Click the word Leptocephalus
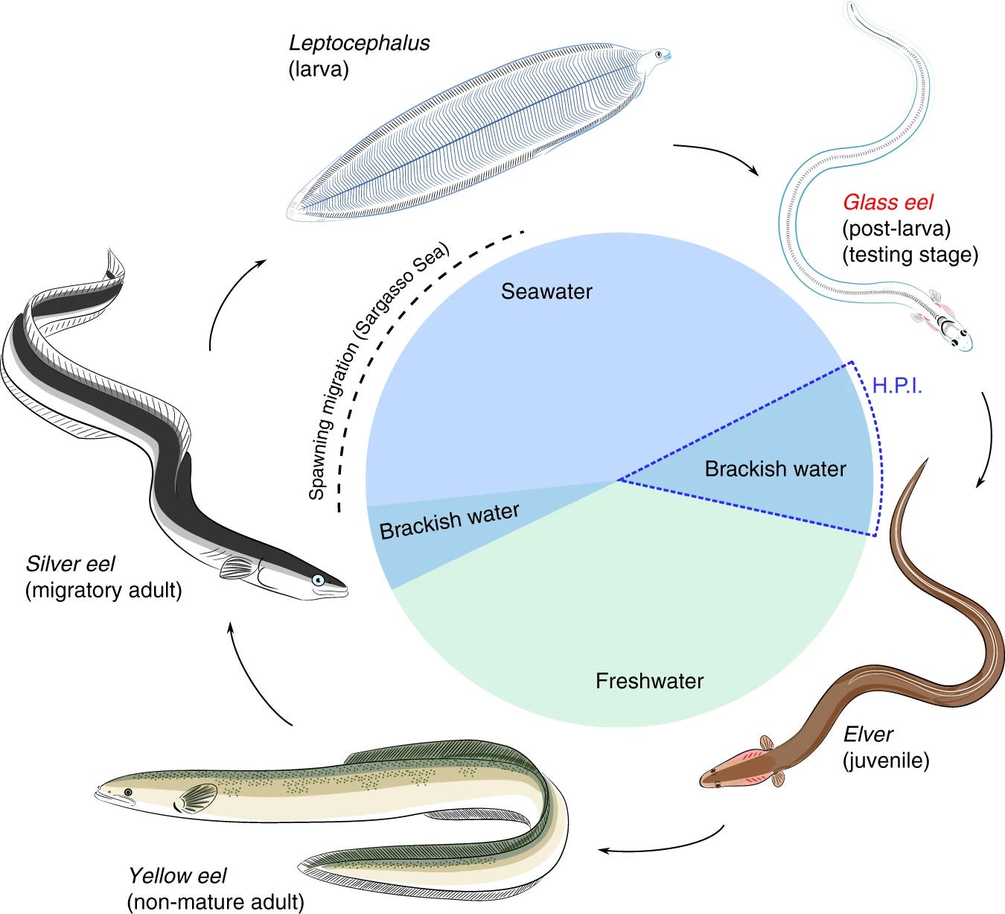tap(359, 43)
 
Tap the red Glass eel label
tap(887, 202)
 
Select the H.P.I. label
tap(897, 386)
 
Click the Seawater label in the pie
tap(546, 291)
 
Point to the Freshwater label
tap(649, 681)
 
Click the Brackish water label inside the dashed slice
tap(775, 469)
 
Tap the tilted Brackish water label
tap(449, 521)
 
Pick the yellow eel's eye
tap(128, 792)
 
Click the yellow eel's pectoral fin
tap(195, 800)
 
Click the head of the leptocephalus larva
tap(659, 57)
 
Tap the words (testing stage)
tap(910, 255)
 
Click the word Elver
tap(867, 734)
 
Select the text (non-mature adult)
tap(216, 902)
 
